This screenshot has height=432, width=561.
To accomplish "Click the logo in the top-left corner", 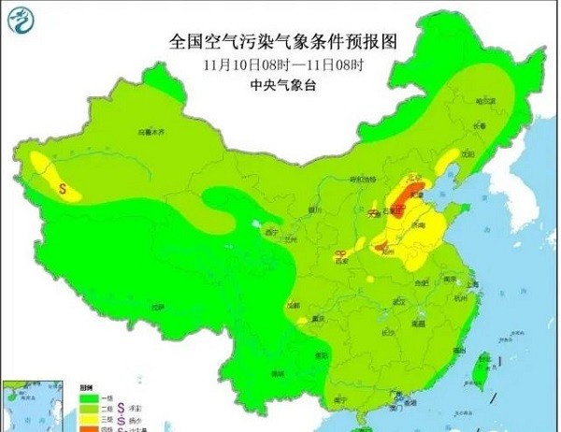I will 20,22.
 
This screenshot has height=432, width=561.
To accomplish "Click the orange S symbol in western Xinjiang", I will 64,188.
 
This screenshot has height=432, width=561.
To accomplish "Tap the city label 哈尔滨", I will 483,100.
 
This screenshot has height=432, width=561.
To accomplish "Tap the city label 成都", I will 295,305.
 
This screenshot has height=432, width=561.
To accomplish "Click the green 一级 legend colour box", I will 80,396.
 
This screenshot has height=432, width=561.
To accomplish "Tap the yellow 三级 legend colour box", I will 80,419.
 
